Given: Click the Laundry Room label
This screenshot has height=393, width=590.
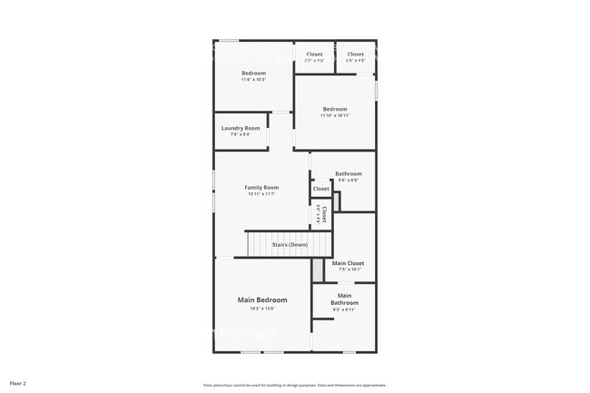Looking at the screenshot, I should pyautogui.click(x=241, y=128).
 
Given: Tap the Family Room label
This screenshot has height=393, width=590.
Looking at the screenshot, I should pyautogui.click(x=261, y=187).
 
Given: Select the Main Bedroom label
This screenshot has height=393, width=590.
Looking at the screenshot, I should pyautogui.click(x=262, y=300).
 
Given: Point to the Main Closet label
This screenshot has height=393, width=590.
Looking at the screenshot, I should pyautogui.click(x=348, y=263).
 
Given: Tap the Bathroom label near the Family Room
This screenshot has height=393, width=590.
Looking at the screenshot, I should pyautogui.click(x=348, y=173).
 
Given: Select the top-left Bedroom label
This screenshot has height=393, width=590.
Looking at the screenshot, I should pyautogui.click(x=253, y=73).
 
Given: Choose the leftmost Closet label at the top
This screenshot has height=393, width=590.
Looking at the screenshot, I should pyautogui.click(x=314, y=54).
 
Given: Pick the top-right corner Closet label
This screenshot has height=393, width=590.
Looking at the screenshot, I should pyautogui.click(x=355, y=54).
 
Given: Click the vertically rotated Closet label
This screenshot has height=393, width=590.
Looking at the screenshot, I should pyautogui.click(x=324, y=214).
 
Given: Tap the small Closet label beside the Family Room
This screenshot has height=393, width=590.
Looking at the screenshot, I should pyautogui.click(x=320, y=189).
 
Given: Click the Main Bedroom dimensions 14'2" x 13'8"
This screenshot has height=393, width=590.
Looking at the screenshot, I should pyautogui.click(x=262, y=309).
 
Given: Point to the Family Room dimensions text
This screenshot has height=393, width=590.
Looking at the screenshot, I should pyautogui.click(x=261, y=193).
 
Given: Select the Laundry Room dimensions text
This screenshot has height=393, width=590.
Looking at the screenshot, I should pyautogui.click(x=241, y=135).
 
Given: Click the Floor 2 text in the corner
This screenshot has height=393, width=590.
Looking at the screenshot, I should pyautogui.click(x=18, y=384).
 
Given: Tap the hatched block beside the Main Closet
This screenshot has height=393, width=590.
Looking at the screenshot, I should pyautogui.click(x=318, y=270).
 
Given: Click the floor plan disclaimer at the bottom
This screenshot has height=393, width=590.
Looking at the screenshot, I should pyautogui.click(x=294, y=385).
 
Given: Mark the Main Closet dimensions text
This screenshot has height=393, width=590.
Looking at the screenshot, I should pyautogui.click(x=349, y=270).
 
